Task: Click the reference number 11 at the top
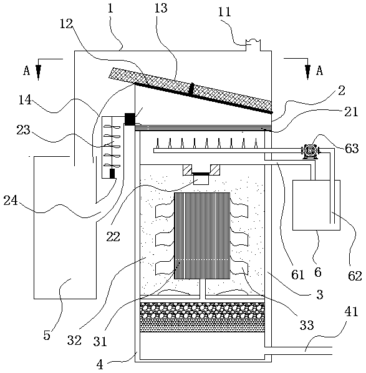point(224,12)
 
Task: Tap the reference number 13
point(161,8)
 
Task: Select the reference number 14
point(25,100)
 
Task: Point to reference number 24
point(11,201)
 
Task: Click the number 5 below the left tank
point(47,335)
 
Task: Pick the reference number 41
point(351,311)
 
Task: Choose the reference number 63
point(352,149)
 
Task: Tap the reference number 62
point(355,276)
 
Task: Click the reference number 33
point(307,325)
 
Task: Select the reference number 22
point(113,236)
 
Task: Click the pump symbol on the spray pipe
point(310,151)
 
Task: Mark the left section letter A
point(27,71)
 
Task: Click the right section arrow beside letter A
point(308,69)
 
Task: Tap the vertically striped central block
point(202,236)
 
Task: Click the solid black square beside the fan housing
point(130,119)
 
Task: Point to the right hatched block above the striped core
point(215,170)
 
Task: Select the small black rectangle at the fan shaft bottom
point(112,174)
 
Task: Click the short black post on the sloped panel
point(191,90)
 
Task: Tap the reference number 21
point(351,112)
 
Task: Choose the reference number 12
point(66,24)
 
